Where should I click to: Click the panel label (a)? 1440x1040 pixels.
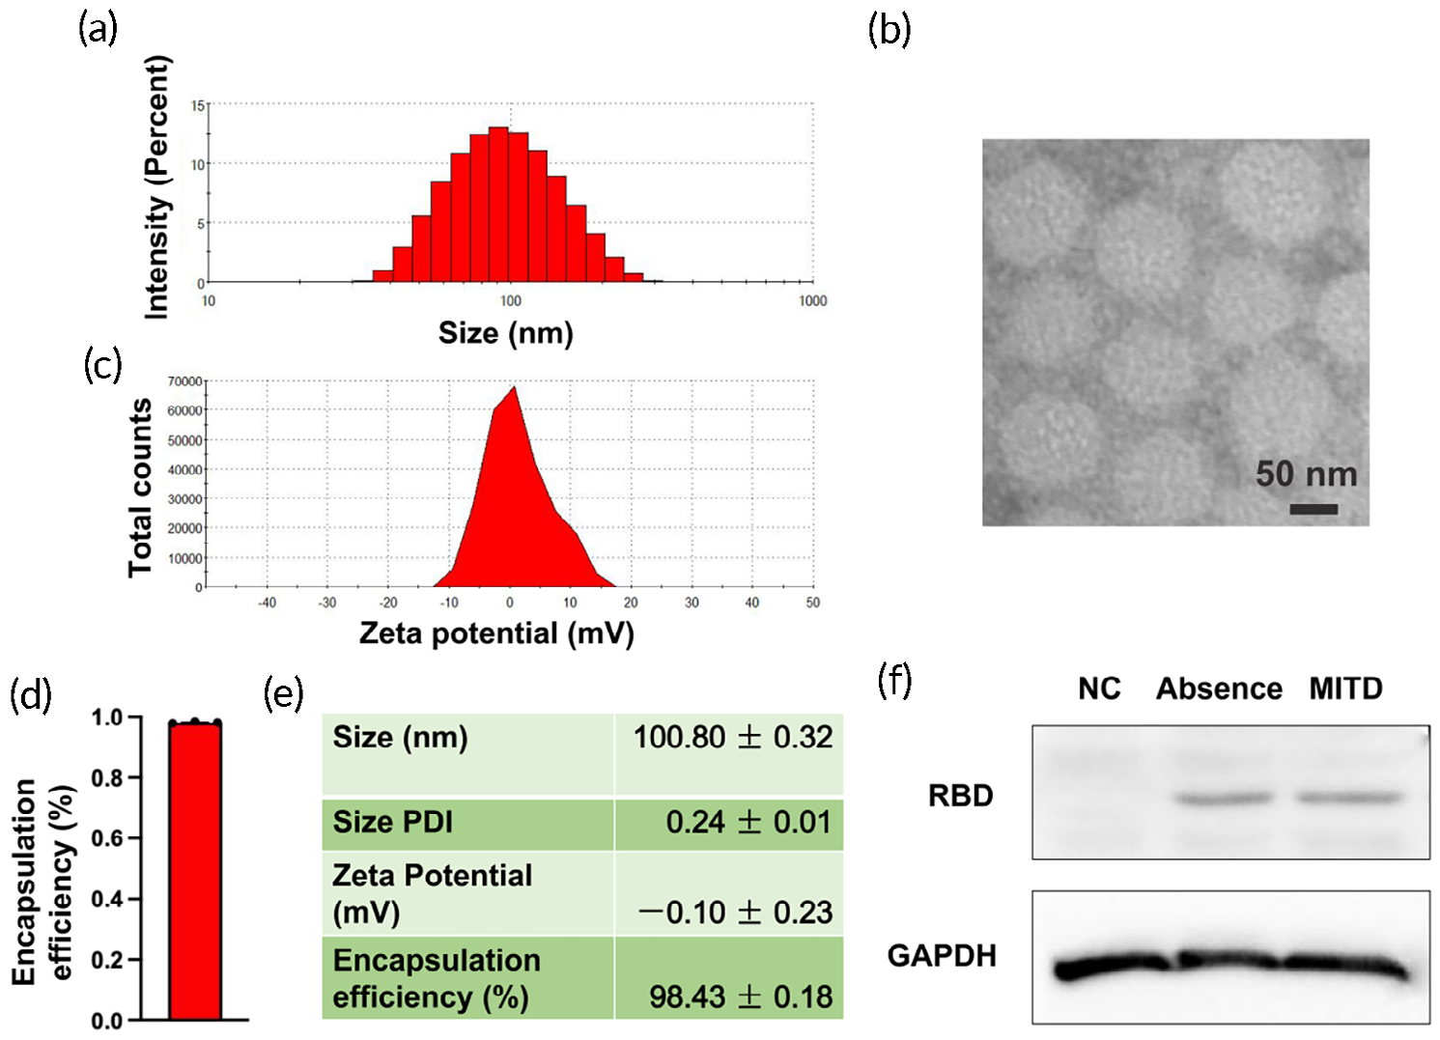[98, 30]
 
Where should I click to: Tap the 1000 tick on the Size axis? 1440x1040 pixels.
[812, 301]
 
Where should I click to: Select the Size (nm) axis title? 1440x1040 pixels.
[505, 333]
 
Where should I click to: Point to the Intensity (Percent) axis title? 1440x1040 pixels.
[156, 187]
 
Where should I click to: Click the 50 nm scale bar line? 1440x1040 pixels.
[1313, 509]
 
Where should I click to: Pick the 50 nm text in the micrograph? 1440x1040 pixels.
[1306, 474]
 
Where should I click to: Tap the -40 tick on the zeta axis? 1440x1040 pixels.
[267, 603]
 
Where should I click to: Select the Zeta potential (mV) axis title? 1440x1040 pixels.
[496, 633]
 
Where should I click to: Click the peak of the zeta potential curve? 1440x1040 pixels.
[514, 387]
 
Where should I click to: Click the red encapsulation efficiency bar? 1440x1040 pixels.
[195, 869]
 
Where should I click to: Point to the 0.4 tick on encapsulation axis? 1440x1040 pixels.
[107, 899]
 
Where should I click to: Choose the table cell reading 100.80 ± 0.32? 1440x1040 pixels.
[732, 738]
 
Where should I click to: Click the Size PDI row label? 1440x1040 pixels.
[392, 823]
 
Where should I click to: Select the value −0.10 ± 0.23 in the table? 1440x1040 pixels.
[734, 913]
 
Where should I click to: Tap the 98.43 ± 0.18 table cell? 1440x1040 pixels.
[740, 998]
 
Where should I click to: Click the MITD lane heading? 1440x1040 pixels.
[1345, 689]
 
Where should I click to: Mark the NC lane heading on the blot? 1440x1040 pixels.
[1099, 689]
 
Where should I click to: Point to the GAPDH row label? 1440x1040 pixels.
[942, 956]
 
